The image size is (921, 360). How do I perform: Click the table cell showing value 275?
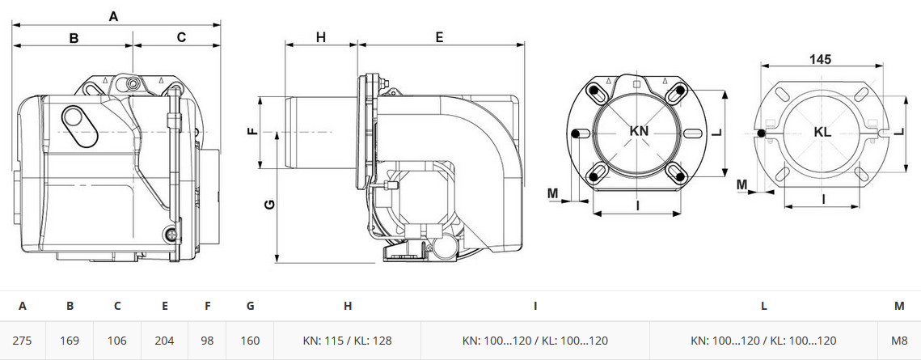coord(23,341)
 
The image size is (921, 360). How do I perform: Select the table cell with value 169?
coord(70,341)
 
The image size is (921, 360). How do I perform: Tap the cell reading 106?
coord(117,341)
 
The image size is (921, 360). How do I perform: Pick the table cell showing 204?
coord(165,341)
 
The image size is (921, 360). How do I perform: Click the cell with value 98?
coord(207,341)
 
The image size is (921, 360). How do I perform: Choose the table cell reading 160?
coord(250,341)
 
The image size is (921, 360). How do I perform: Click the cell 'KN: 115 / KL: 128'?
coord(347,341)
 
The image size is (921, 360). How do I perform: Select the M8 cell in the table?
coord(899,341)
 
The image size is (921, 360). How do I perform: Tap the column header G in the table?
coord(250,306)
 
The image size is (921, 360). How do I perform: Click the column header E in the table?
coord(165,306)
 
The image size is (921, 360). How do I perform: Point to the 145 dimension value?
coord(820,59)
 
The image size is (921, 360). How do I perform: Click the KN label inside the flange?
coord(639,131)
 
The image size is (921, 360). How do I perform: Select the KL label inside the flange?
coord(823,132)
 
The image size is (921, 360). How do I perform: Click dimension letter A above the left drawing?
coord(113,16)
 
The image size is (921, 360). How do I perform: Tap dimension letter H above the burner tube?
coord(321,37)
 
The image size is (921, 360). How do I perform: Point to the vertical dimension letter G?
coord(269,205)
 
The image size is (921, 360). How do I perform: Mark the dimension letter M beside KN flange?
coord(553,193)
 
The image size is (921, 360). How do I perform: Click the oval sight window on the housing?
coord(73,117)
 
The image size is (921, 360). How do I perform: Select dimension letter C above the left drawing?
coord(181,37)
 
